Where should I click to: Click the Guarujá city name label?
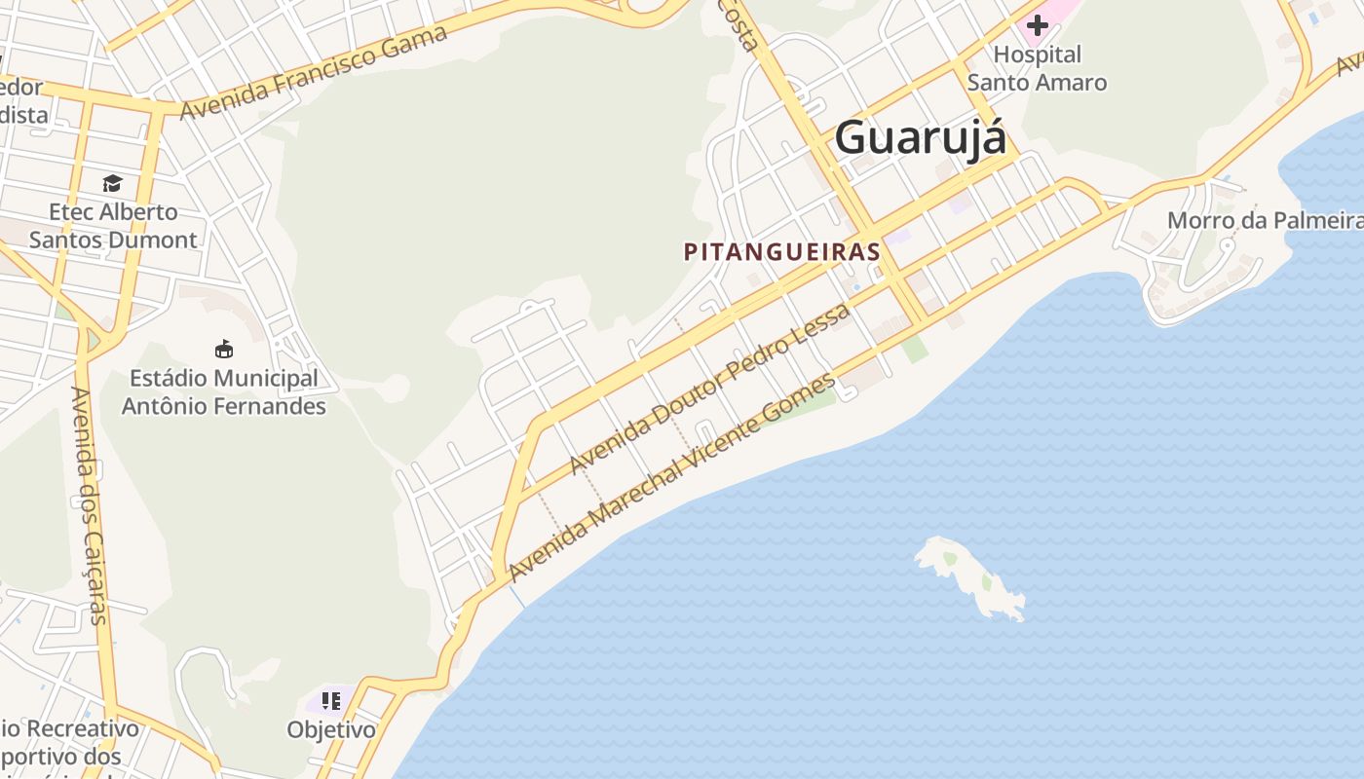pyautogui.click(x=920, y=137)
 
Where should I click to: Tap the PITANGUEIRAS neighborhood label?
pyautogui.click(x=782, y=252)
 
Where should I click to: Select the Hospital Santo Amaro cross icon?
pyautogui.click(x=1037, y=24)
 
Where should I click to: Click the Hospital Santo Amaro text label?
pyautogui.click(x=1037, y=68)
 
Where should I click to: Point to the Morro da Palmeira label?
pyautogui.click(x=1265, y=220)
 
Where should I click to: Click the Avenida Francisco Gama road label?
pyautogui.click(x=314, y=72)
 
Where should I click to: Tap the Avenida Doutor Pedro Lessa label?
pyautogui.click(x=710, y=388)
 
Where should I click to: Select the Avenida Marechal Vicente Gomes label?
pyautogui.click(x=672, y=476)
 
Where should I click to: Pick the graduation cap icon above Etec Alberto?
pyautogui.click(x=113, y=183)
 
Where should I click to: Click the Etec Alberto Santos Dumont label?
pyautogui.click(x=113, y=226)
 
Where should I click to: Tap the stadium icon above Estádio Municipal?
pyautogui.click(x=224, y=349)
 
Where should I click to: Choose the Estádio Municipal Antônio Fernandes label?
pyautogui.click(x=224, y=391)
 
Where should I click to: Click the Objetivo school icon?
pyautogui.click(x=330, y=700)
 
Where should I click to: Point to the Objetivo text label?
pyautogui.click(x=331, y=729)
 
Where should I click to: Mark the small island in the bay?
pyautogui.click(x=970, y=576)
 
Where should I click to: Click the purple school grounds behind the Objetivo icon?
pyautogui.click(x=316, y=702)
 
